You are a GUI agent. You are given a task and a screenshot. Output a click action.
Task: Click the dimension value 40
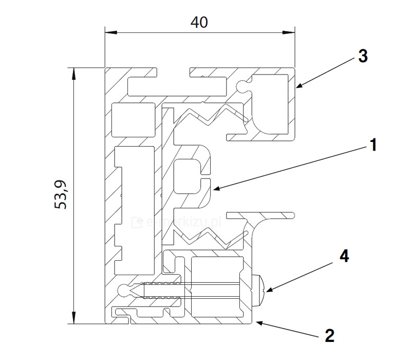click(x=199, y=22)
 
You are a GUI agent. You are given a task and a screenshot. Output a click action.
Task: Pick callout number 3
click(x=363, y=56)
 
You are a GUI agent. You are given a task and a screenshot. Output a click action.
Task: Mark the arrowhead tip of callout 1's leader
click(x=213, y=191)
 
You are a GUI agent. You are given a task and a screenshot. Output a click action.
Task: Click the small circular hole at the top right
click(x=241, y=85)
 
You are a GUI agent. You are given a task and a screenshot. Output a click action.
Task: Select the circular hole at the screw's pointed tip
click(x=125, y=291)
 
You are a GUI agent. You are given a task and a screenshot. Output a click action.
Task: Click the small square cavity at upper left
click(x=133, y=119)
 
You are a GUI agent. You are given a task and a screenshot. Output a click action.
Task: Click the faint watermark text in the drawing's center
click(x=177, y=222)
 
